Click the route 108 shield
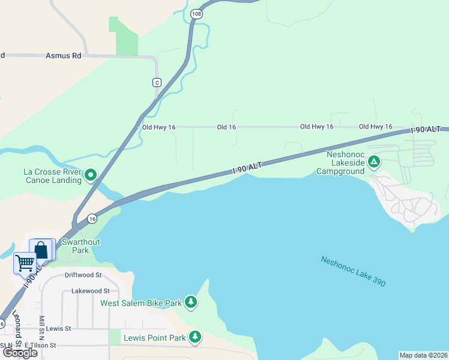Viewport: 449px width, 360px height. coord(196,13)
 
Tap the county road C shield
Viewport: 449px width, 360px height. coord(157,82)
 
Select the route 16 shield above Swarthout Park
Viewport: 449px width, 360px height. coord(92,219)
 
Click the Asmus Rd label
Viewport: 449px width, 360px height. coord(63,56)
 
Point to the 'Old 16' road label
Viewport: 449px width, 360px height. coord(226,127)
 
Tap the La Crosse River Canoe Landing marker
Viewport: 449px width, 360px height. coord(91,175)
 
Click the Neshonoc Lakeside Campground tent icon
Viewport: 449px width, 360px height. coord(373,161)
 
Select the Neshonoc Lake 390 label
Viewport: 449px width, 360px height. coord(353,271)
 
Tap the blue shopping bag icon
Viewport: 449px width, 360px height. coord(42,249)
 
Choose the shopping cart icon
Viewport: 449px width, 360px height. coord(25,262)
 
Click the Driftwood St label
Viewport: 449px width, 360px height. coord(83,275)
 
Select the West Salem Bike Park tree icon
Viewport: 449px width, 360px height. coord(190,302)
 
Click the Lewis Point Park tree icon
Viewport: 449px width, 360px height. coord(194,337)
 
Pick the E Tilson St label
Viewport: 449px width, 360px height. coord(40,346)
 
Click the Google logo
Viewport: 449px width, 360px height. coord(20,353)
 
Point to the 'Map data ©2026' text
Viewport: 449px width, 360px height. coord(423,355)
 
